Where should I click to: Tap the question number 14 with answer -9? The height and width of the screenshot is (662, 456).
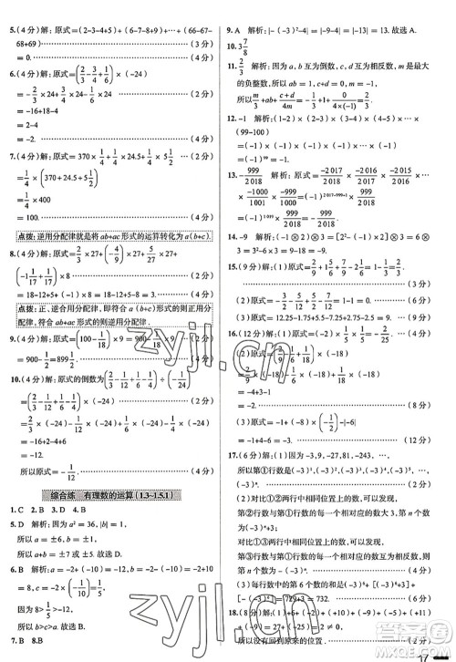[235, 236]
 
